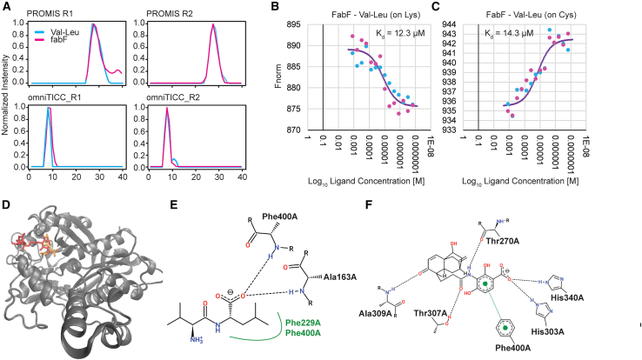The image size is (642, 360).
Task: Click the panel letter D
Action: tap(8, 206)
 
